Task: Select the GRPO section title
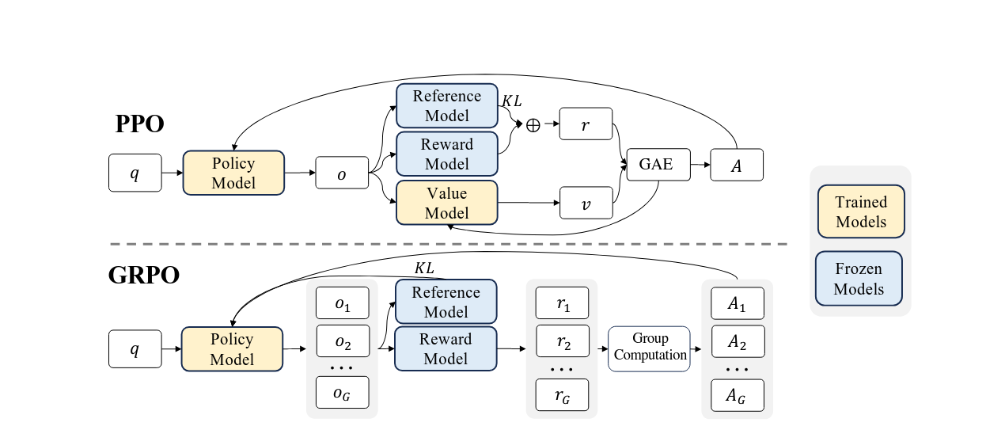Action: coord(144,276)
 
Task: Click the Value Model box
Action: coord(446,203)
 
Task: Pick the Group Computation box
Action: coord(650,348)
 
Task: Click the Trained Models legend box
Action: coord(860,212)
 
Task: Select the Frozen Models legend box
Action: coord(860,279)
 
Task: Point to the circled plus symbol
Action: coord(533,125)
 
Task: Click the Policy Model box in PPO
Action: coord(233,173)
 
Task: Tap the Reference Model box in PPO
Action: coord(446,105)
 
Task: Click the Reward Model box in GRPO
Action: coord(446,348)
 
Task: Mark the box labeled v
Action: coord(586,203)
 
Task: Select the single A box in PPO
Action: coord(737,165)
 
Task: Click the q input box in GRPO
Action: coord(135,349)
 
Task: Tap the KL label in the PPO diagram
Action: coord(511,102)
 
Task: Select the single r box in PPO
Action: coord(586,124)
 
